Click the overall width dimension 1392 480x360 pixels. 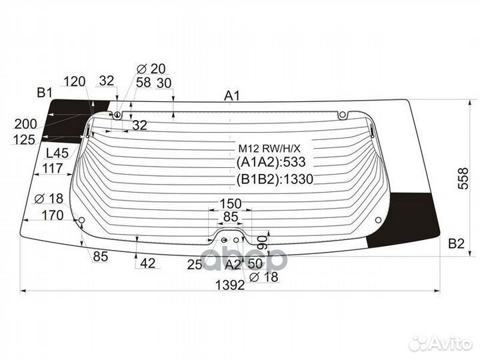[x=230, y=285]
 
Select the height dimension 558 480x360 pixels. [x=464, y=179]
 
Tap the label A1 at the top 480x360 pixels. [x=232, y=96]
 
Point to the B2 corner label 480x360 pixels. [x=456, y=244]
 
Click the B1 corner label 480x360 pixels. [x=45, y=92]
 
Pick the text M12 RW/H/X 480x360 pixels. [x=270, y=149]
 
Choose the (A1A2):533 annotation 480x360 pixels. [x=271, y=162]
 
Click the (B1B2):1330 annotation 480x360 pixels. [x=275, y=179]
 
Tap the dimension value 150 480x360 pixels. [x=231, y=203]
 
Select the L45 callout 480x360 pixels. [x=57, y=153]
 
